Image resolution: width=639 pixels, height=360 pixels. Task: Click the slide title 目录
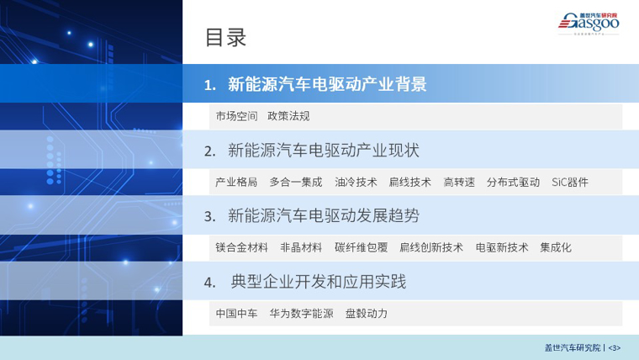click(x=225, y=39)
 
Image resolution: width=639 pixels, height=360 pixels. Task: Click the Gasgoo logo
click(x=589, y=24)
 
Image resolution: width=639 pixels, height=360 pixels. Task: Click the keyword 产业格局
click(x=236, y=182)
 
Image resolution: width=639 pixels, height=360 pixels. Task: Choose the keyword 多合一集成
click(x=296, y=182)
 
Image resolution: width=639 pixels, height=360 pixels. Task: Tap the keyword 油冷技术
click(x=356, y=182)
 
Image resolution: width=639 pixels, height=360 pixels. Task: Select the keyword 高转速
click(x=459, y=182)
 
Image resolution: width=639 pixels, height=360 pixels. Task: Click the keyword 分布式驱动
click(x=513, y=182)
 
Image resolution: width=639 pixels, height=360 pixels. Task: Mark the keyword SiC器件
click(x=570, y=182)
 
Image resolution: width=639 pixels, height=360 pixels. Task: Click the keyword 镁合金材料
click(x=241, y=247)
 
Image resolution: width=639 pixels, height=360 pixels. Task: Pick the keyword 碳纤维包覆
click(x=361, y=247)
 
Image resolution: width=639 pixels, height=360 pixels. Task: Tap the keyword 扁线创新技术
click(x=431, y=247)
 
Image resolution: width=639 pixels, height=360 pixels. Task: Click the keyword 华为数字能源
click(x=301, y=313)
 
